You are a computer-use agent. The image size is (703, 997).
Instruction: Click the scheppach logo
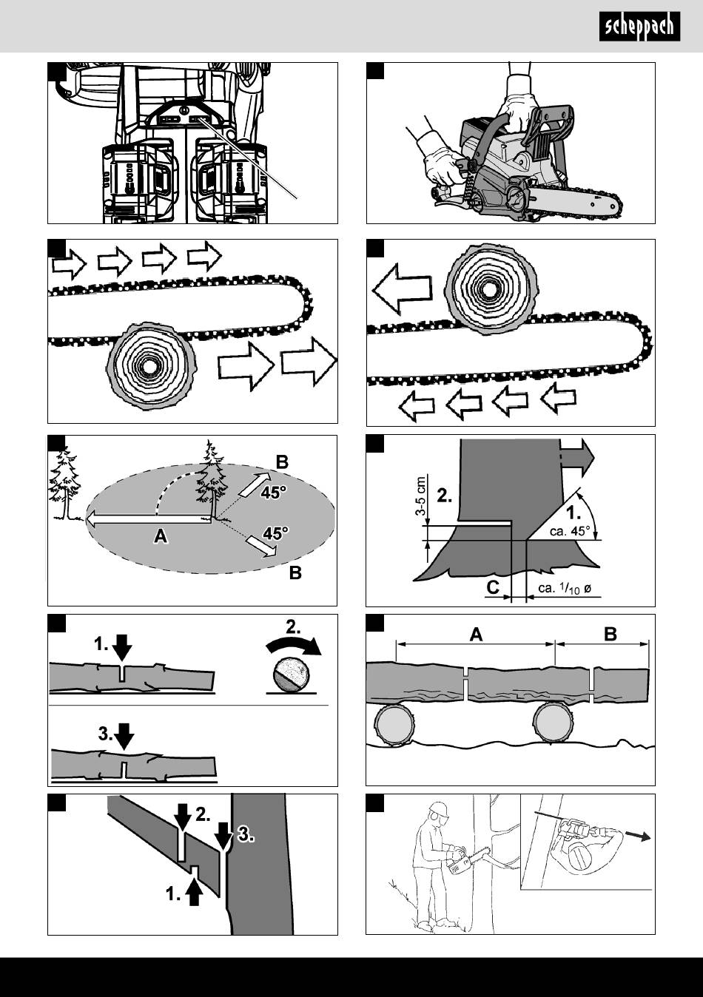[639, 28]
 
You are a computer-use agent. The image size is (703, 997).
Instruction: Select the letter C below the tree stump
[492, 587]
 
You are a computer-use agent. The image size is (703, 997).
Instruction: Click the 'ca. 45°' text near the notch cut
[570, 530]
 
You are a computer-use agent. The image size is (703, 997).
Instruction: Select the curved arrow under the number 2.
[294, 645]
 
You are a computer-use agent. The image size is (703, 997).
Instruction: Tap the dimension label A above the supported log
[476, 635]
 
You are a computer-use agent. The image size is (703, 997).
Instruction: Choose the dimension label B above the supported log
[610, 634]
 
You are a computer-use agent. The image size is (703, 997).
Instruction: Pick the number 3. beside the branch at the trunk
[246, 836]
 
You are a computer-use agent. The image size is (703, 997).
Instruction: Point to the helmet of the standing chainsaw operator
[439, 809]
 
